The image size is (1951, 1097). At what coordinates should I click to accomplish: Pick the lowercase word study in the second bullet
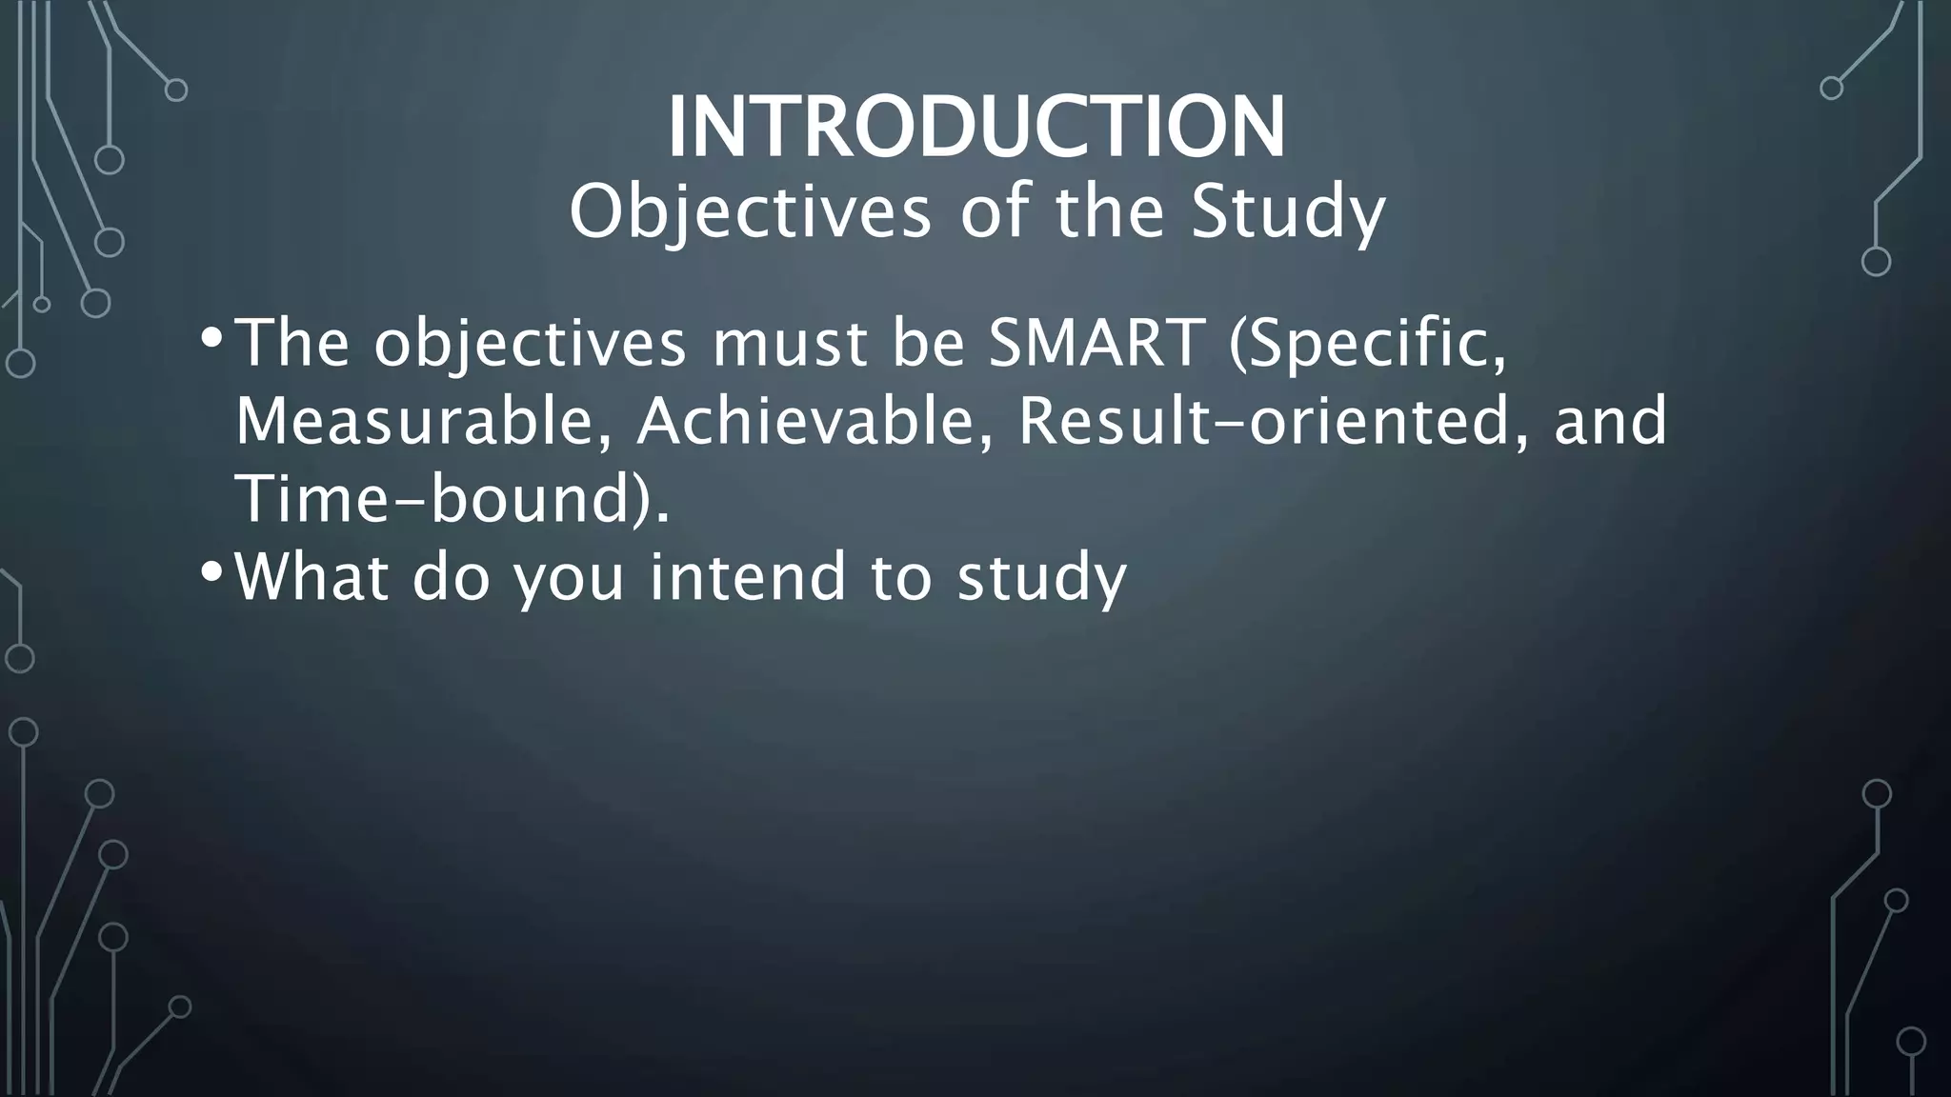coord(1041,579)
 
